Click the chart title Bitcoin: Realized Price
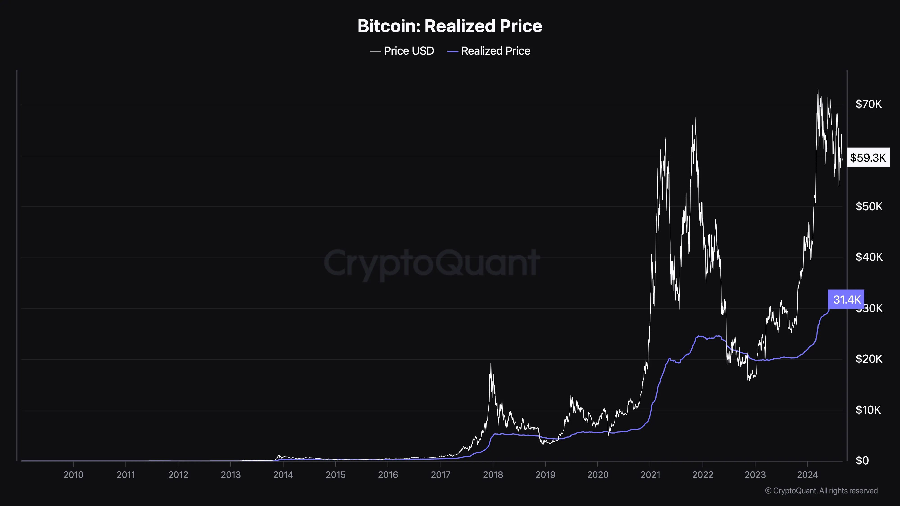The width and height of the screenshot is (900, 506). [x=450, y=26]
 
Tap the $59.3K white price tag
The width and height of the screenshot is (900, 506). [x=868, y=157]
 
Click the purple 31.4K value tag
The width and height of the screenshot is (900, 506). [x=846, y=299]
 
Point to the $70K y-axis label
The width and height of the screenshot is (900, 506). [x=868, y=104]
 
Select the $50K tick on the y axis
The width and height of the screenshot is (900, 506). [x=868, y=206]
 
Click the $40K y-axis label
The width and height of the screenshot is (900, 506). [x=868, y=257]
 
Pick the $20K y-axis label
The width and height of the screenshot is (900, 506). [x=868, y=359]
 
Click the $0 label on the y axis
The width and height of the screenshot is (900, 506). [x=862, y=461]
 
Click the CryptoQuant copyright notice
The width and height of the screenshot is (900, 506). [x=821, y=491]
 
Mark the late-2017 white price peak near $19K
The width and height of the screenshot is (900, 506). [x=490, y=364]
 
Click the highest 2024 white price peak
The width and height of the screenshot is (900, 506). [x=818, y=90]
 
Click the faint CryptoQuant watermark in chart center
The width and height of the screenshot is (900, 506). [x=432, y=263]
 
